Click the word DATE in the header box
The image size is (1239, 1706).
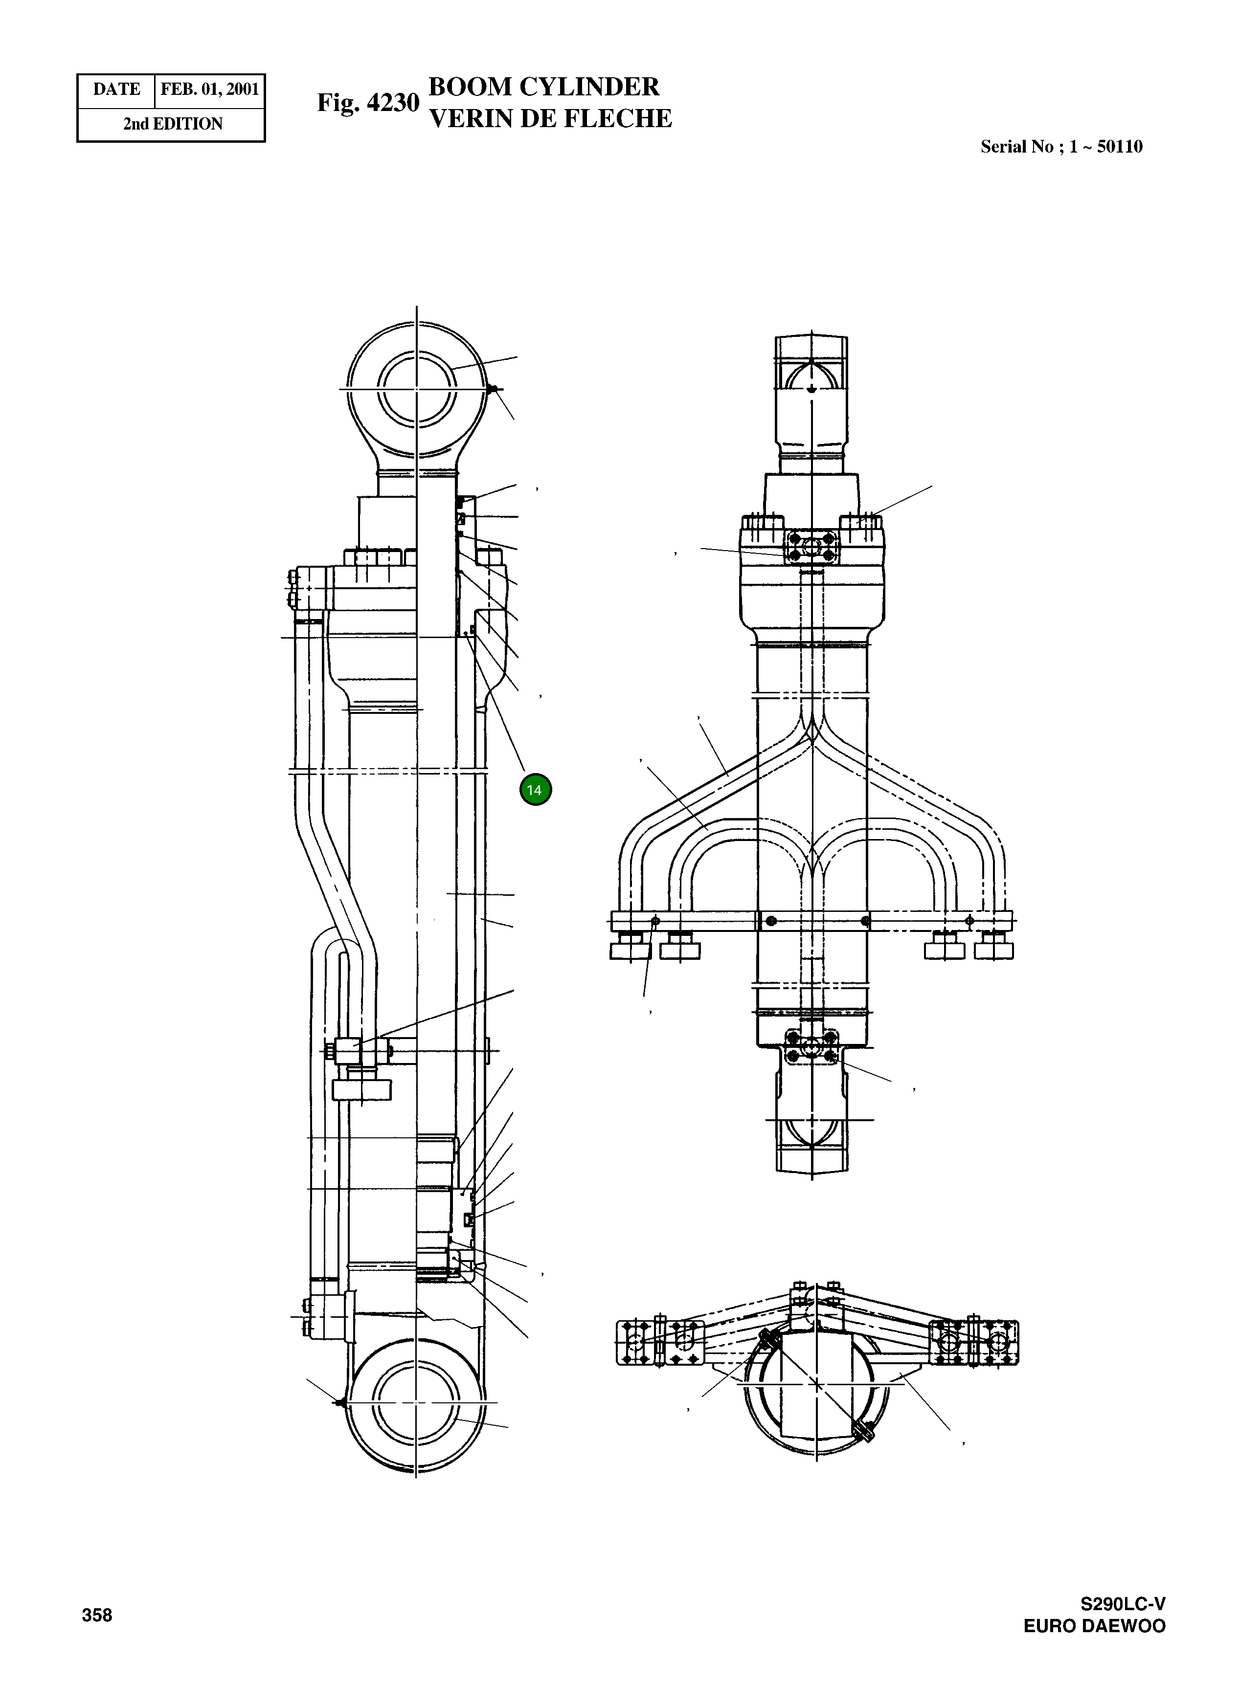116,89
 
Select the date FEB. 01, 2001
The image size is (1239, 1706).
210,89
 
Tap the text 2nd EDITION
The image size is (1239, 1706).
172,124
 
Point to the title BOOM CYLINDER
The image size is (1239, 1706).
543,87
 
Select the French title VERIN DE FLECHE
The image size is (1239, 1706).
550,119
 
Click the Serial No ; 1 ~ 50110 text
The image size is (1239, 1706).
1061,147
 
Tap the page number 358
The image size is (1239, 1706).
97,1615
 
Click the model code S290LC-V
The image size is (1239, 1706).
1123,1604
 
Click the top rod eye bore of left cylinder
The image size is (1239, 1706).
417,389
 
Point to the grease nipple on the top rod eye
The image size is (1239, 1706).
493,389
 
